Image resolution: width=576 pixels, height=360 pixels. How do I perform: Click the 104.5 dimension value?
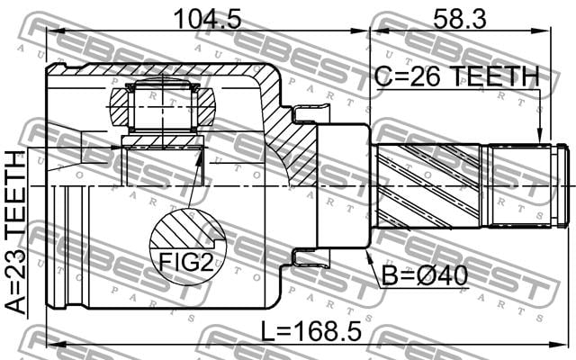(208, 19)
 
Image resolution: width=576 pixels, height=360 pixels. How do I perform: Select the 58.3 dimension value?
(460, 19)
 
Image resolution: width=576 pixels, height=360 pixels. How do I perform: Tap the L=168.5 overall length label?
(311, 330)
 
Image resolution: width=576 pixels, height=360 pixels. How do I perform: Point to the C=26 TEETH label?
(457, 76)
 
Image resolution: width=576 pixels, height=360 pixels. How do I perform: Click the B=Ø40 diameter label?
(425, 275)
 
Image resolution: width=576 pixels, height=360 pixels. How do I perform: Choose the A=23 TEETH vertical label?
(16, 232)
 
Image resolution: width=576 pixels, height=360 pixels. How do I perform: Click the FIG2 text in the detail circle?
(186, 262)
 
